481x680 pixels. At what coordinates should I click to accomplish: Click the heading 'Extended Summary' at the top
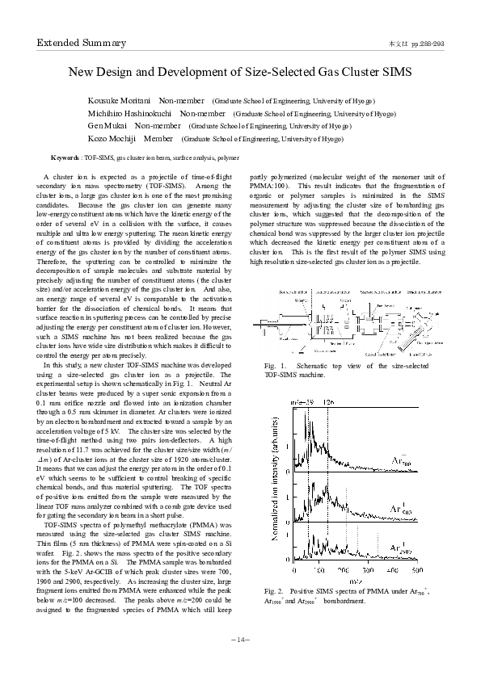point(81,43)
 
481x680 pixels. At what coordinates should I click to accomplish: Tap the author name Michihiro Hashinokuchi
point(130,113)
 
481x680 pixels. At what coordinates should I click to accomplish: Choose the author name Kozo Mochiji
point(112,139)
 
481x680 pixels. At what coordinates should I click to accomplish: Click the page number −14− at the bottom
point(240,640)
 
